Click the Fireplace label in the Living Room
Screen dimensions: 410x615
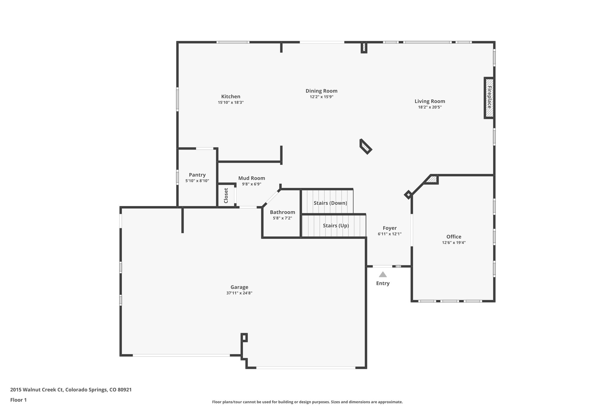[489, 97]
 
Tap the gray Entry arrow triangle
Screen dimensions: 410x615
[383, 275]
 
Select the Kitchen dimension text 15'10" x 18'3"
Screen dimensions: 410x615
[231, 102]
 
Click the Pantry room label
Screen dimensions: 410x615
[197, 175]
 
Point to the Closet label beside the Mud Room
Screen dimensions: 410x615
[226, 196]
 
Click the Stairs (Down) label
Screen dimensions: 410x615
[330, 203]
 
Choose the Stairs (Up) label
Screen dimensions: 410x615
[336, 225]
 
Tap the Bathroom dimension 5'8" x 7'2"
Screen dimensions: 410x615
[282, 218]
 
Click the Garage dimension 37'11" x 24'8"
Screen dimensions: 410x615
[239, 293]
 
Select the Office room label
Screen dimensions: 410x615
[453, 237]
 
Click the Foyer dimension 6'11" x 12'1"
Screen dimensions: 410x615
[389, 234]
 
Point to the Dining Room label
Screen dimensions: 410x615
[321, 91]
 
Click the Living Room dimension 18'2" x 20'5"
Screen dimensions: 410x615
[430, 107]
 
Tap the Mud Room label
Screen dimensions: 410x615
[252, 178]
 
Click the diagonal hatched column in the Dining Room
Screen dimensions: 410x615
[366, 147]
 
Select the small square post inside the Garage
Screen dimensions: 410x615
[244, 337]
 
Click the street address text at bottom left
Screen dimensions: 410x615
[71, 390]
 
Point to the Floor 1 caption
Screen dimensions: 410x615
[19, 400]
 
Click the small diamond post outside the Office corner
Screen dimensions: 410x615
[408, 195]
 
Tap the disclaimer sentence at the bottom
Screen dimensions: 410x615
[307, 402]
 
